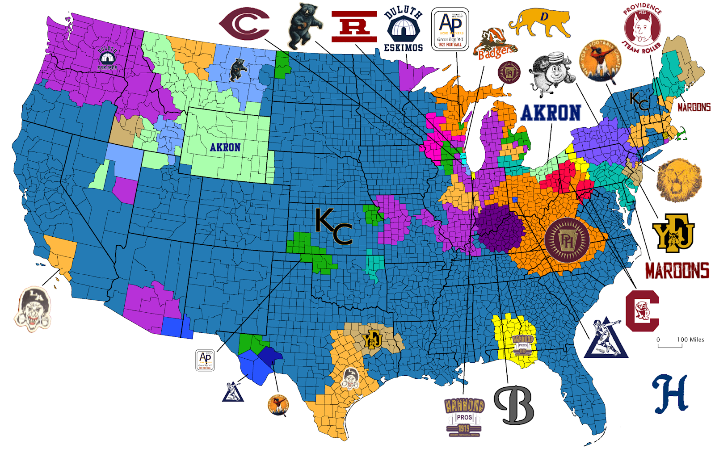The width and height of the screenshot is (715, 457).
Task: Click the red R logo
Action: coord(354,27)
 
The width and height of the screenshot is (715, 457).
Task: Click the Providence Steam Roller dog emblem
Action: coord(642,28)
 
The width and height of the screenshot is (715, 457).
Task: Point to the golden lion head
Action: coord(678,180)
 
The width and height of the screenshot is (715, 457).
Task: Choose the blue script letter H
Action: coord(670,394)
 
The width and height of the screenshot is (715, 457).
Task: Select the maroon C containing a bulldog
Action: coord(642,311)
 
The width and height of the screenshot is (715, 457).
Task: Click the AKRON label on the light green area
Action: coord(225,147)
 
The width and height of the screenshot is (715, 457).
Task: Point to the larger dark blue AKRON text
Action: coord(551,113)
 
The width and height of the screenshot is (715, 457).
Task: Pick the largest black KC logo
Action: coord(334,226)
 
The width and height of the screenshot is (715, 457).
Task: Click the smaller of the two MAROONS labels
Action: coord(694,107)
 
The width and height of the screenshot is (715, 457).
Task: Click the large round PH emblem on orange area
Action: coord(567,240)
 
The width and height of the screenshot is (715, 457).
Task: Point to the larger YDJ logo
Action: coord(674,233)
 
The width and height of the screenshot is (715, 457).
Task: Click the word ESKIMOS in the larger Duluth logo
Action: coord(403,48)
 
